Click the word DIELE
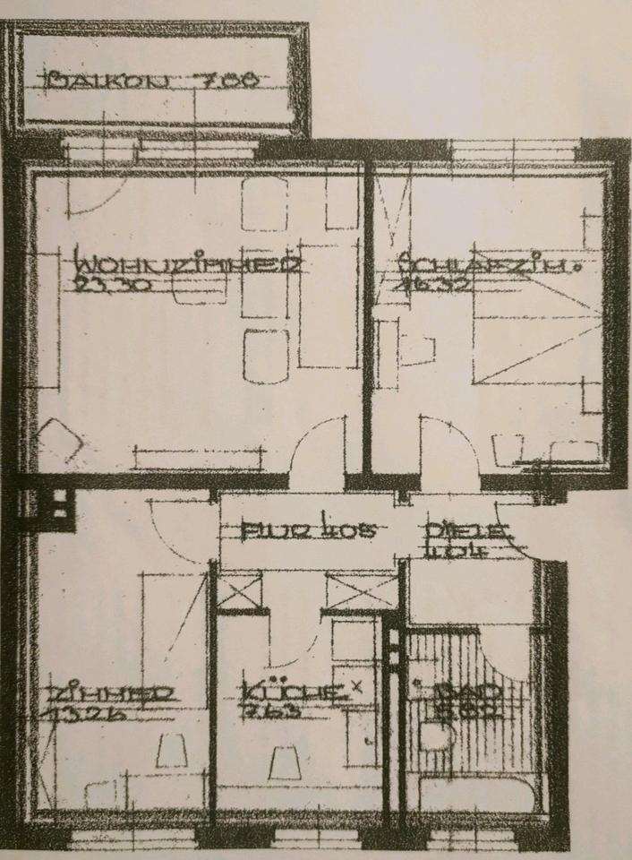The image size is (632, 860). click(x=468, y=529)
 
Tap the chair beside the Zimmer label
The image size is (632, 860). click(x=169, y=751)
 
